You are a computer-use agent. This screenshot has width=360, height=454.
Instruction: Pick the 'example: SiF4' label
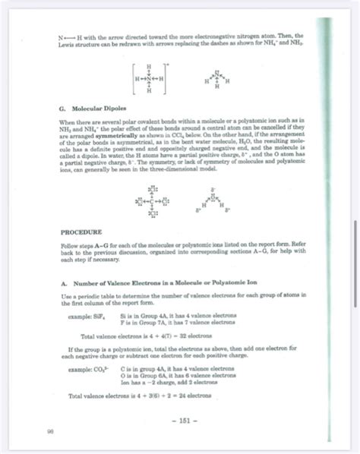click(84, 312)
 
